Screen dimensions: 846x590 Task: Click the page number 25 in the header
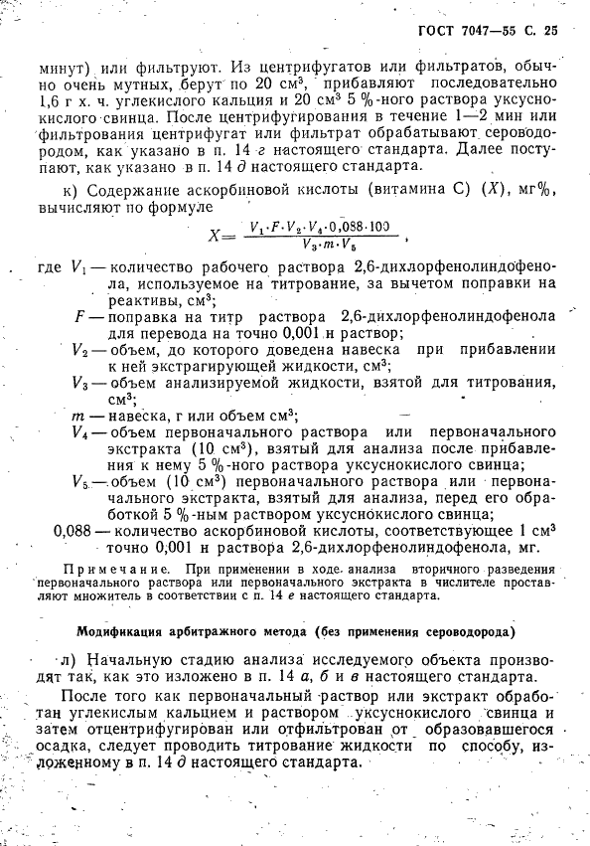click(x=551, y=30)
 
